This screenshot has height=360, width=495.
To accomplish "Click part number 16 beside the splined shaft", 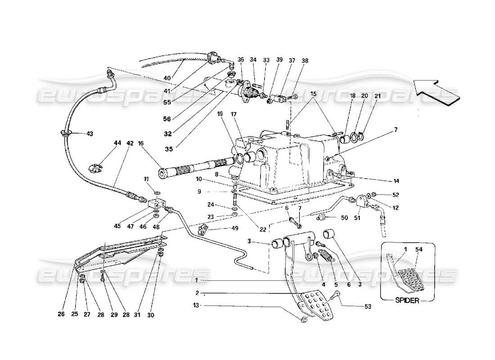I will point(140,143).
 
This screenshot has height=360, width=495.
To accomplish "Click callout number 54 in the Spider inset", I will point(419,250).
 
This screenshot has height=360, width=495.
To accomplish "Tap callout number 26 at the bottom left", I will point(61,315).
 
